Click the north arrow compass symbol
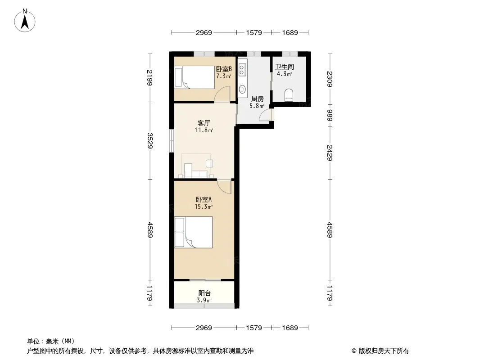coord(25,21)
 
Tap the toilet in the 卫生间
coord(289,95)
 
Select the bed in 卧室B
coord(195,77)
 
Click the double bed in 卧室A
coord(194,232)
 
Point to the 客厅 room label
coord(204,123)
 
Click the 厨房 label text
coord(257,99)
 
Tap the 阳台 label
coord(204,293)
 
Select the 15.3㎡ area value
coord(204,207)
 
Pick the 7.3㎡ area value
coord(223,76)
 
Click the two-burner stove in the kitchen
coord(242,70)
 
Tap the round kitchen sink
coord(242,89)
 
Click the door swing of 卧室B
coord(222,94)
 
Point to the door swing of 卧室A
coord(224,187)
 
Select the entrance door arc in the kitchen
coord(265,115)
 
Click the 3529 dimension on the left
coord(149,141)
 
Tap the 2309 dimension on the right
coord(330,79)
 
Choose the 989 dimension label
coord(330,115)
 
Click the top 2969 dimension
coord(204,32)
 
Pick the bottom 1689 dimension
coord(290,328)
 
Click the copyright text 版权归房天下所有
coord(384,351)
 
